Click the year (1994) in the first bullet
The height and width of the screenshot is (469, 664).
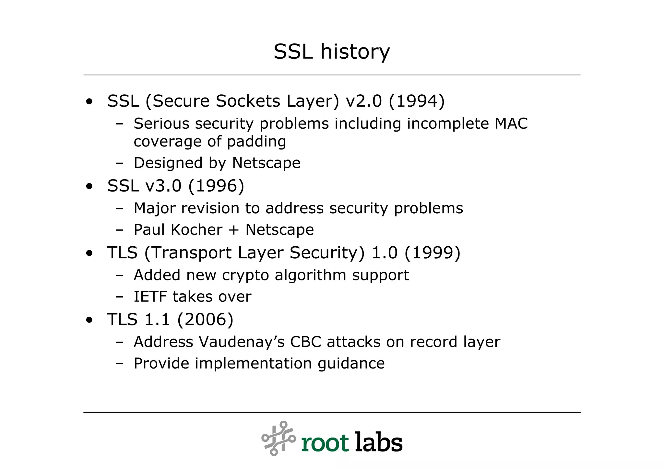(416, 101)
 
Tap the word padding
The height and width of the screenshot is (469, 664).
(256, 142)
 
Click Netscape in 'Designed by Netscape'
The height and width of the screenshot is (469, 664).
(266, 163)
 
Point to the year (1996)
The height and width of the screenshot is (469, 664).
(216, 186)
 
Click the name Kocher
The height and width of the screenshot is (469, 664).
(196, 230)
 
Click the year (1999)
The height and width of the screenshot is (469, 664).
(432, 253)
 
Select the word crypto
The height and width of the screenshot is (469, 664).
(245, 276)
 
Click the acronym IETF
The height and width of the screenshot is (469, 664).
(150, 297)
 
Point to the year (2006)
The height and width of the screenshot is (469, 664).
(205, 320)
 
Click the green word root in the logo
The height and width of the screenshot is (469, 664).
(325, 443)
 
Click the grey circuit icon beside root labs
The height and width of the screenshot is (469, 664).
(279, 438)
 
